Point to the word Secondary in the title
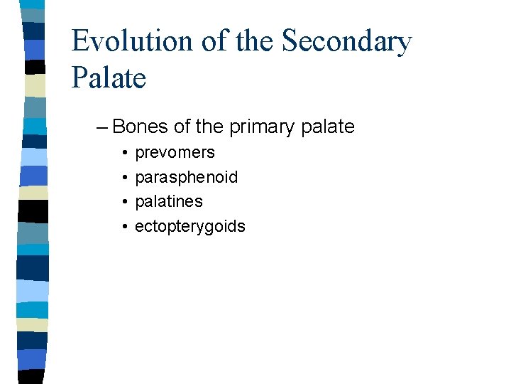coord(347,41)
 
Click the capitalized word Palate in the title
coord(109,77)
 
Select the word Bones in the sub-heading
coord(141,127)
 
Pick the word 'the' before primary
coord(209,127)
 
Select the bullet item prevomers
coord(175,153)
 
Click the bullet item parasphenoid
coord(186,177)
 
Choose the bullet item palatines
coord(168,202)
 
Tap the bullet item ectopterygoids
coord(189,227)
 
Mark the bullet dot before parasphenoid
coord(124,178)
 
